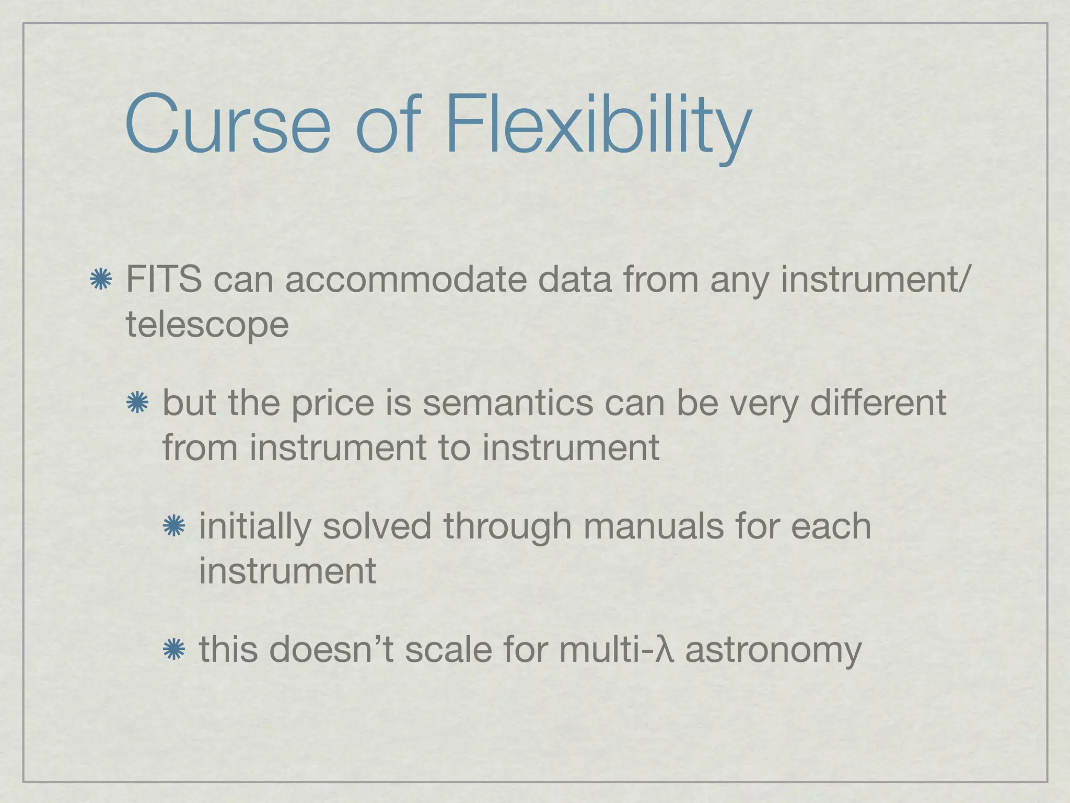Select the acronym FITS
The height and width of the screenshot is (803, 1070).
164,279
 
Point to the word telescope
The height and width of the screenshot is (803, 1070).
207,325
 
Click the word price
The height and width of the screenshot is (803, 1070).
332,403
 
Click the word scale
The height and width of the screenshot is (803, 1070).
448,649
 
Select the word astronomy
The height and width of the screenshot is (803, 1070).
773,649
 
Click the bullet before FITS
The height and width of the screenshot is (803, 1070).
101,279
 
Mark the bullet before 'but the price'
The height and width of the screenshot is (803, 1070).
137,403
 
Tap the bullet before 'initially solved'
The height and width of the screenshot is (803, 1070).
174,526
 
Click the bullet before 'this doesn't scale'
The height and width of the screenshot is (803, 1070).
174,650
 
